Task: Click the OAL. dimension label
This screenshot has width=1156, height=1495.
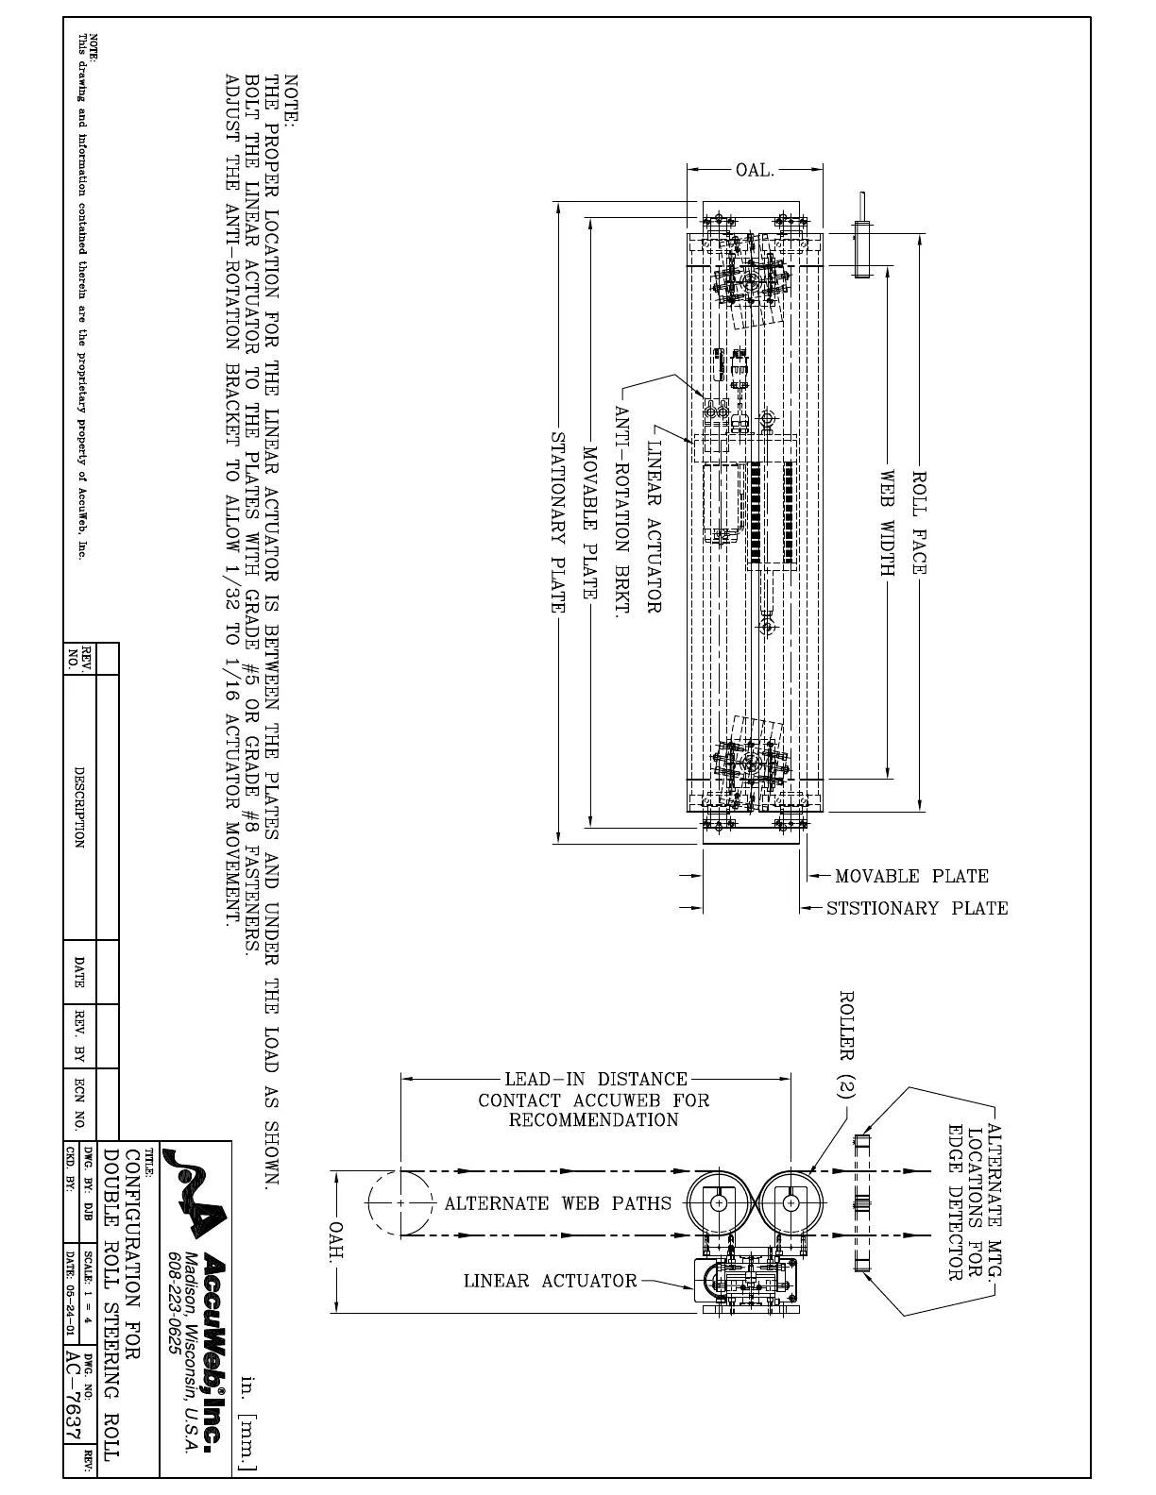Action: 756,171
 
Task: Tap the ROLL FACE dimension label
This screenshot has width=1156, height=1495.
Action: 920,522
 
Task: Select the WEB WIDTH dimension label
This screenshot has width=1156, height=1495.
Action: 888,522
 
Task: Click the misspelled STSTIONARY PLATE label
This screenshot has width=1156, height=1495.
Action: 917,908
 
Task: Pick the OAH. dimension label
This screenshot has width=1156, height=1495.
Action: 336,1240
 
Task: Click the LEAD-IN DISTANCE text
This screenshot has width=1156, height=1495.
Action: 596,1079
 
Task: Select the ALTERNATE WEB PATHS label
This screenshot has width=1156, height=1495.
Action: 558,1203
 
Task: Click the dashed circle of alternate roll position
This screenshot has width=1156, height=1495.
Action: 400,1203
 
